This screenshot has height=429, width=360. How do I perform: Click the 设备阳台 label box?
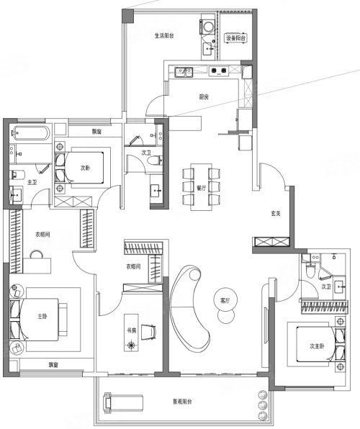click(x=235, y=38)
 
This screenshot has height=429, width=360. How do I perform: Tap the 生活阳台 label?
click(x=164, y=35)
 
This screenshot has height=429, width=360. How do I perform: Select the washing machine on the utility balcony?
click(x=208, y=27)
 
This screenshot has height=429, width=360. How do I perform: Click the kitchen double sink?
click(x=184, y=71)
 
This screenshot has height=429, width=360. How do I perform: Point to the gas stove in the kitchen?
click(x=218, y=71)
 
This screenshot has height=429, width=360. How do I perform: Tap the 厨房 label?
click(x=204, y=97)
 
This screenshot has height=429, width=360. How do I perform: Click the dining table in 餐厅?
click(x=201, y=187)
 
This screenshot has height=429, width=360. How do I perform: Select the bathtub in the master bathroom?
click(x=30, y=133)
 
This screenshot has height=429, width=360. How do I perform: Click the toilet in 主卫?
click(x=17, y=175)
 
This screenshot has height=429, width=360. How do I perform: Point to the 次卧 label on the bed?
click(x=85, y=168)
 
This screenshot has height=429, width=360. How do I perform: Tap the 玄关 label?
click(x=276, y=214)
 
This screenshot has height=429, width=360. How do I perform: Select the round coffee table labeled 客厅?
click(x=225, y=300)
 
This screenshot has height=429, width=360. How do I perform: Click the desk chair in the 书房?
click(x=149, y=331)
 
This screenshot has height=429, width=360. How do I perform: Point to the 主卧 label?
click(x=42, y=317)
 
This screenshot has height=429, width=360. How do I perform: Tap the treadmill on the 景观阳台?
click(x=123, y=402)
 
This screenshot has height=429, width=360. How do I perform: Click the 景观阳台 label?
click(x=182, y=402)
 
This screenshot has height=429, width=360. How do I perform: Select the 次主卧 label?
click(x=317, y=346)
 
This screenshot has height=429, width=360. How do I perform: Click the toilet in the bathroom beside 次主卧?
click(x=310, y=270)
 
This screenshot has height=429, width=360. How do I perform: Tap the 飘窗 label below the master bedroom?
click(x=53, y=365)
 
